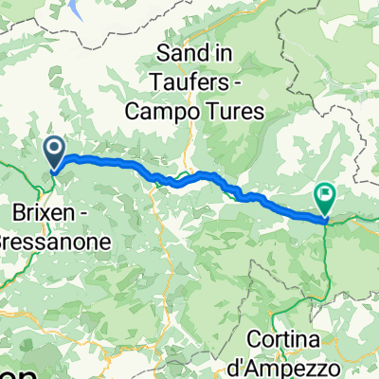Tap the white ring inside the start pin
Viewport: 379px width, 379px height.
(54, 148)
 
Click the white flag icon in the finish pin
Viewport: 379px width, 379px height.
(327, 195)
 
